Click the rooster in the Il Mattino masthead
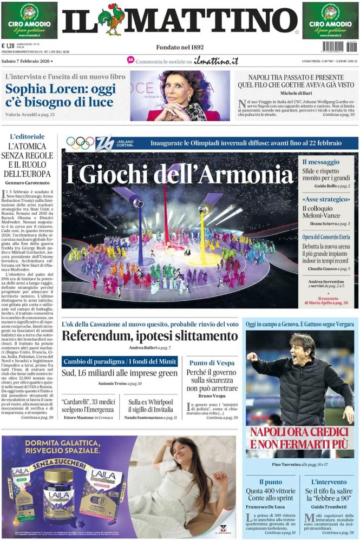(112, 19)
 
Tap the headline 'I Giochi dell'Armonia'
(179, 174)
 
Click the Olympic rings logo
(80, 143)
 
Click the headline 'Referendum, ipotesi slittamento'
(149, 335)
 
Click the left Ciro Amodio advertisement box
(29, 20)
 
